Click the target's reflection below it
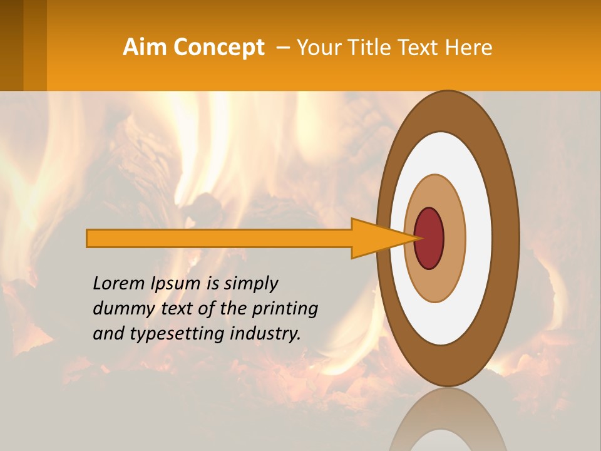pos(448,420)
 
